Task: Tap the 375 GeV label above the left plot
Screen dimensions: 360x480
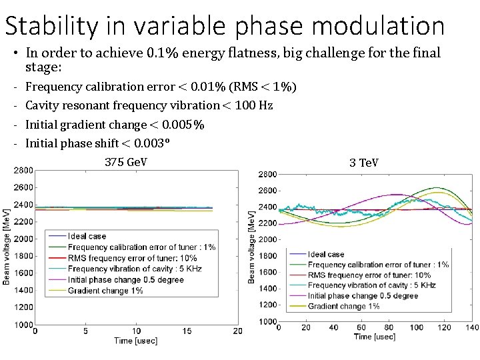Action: point(126,162)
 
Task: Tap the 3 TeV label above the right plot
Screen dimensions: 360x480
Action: point(363,162)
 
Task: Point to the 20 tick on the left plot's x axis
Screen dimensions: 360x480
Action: point(238,331)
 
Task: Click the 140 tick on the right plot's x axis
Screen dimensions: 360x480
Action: point(472,327)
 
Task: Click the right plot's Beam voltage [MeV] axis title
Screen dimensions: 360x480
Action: point(251,247)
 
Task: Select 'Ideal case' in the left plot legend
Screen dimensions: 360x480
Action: point(86,236)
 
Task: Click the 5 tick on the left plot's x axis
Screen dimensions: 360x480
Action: point(85,331)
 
